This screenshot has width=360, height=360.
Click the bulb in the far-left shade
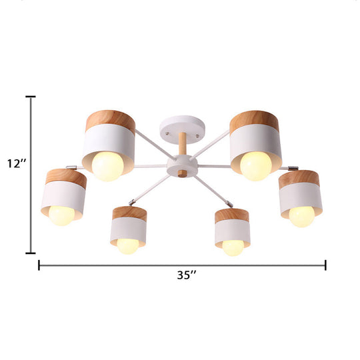(x=61, y=215)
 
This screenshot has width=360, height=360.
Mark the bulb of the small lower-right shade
(x=233, y=246)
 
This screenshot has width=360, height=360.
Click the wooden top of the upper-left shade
(x=109, y=122)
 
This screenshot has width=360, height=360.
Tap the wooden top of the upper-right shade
(x=254, y=122)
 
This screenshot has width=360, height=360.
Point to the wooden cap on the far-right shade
(x=299, y=178)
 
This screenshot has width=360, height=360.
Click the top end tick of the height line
(x=30, y=97)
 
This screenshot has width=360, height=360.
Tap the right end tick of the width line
(x=325, y=265)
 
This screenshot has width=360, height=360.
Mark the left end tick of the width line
(x=39, y=265)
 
